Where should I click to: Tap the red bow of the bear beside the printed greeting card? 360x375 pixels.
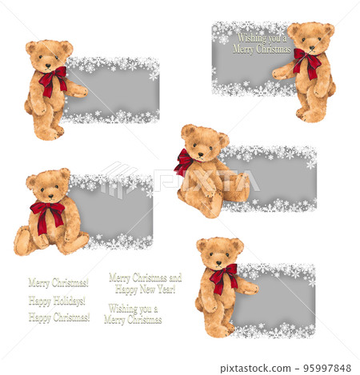coord(306,62)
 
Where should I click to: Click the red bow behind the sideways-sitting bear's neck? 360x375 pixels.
coord(184,162)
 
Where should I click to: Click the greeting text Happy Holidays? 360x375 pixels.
coord(57,301)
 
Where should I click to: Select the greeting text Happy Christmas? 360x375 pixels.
coord(59,317)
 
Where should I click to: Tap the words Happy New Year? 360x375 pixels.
coord(145,289)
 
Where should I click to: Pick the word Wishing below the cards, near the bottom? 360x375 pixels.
coord(133,309)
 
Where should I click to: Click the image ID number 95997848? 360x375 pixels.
coord(327,369)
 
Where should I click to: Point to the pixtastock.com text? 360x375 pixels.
coord(251,369)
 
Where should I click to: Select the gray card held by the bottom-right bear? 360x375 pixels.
coord(280,300)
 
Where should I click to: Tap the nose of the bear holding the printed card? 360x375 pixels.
coord(311,46)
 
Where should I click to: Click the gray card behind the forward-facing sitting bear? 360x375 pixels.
coord(116,211)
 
